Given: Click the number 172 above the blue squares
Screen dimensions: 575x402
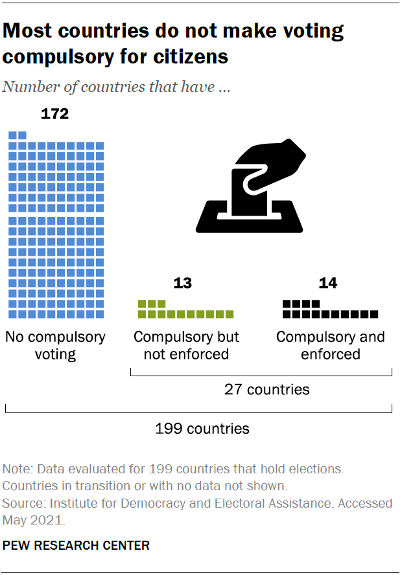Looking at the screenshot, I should (54, 115).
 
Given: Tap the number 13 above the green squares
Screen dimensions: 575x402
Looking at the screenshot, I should (182, 283).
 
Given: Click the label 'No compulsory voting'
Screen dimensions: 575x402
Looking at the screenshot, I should (55, 346).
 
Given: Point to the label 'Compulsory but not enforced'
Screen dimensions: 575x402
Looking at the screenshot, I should (186, 346).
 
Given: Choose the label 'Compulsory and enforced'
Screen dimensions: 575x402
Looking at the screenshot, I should (330, 346).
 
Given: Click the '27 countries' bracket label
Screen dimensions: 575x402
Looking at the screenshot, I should (266, 389).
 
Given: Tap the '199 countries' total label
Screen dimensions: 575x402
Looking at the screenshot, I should (202, 428).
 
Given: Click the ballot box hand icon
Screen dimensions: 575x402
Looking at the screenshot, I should (253, 188).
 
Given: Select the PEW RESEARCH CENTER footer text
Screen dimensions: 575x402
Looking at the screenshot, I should (76, 545).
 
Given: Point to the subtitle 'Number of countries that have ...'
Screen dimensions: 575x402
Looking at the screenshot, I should (117, 87).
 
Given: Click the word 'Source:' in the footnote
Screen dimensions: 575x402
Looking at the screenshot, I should (23, 503).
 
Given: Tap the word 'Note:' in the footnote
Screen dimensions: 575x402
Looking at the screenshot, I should (18, 469).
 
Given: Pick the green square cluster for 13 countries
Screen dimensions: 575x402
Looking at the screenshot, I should (186, 310).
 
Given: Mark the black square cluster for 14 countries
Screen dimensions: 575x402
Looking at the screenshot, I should (330, 310).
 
